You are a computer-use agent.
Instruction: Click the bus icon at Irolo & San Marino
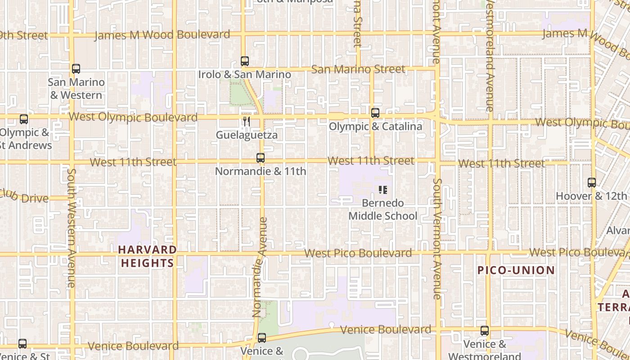point(245,61)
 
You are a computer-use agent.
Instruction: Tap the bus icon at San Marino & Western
point(76,69)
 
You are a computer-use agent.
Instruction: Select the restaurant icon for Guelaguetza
point(246,121)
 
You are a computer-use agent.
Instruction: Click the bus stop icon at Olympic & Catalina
point(375,113)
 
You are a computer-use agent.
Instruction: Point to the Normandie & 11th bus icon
point(260,158)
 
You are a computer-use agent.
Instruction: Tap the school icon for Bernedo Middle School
point(382,190)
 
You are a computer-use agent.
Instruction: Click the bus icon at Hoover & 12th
point(592,183)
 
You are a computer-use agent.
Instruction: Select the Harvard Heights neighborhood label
point(147,256)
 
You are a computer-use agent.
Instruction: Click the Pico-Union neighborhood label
point(516,270)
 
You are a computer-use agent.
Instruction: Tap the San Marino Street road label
point(358,69)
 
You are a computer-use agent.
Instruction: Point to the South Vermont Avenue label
point(437,238)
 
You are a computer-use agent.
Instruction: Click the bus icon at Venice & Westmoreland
point(485,331)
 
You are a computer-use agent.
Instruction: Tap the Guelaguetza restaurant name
point(247,135)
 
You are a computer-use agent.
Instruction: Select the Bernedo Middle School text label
point(383,210)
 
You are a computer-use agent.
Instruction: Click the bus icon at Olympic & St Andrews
point(24,119)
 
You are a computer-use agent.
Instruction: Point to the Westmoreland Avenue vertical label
point(490,56)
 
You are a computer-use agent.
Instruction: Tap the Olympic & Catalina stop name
point(375,126)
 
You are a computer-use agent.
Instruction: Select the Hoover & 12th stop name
point(591,196)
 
